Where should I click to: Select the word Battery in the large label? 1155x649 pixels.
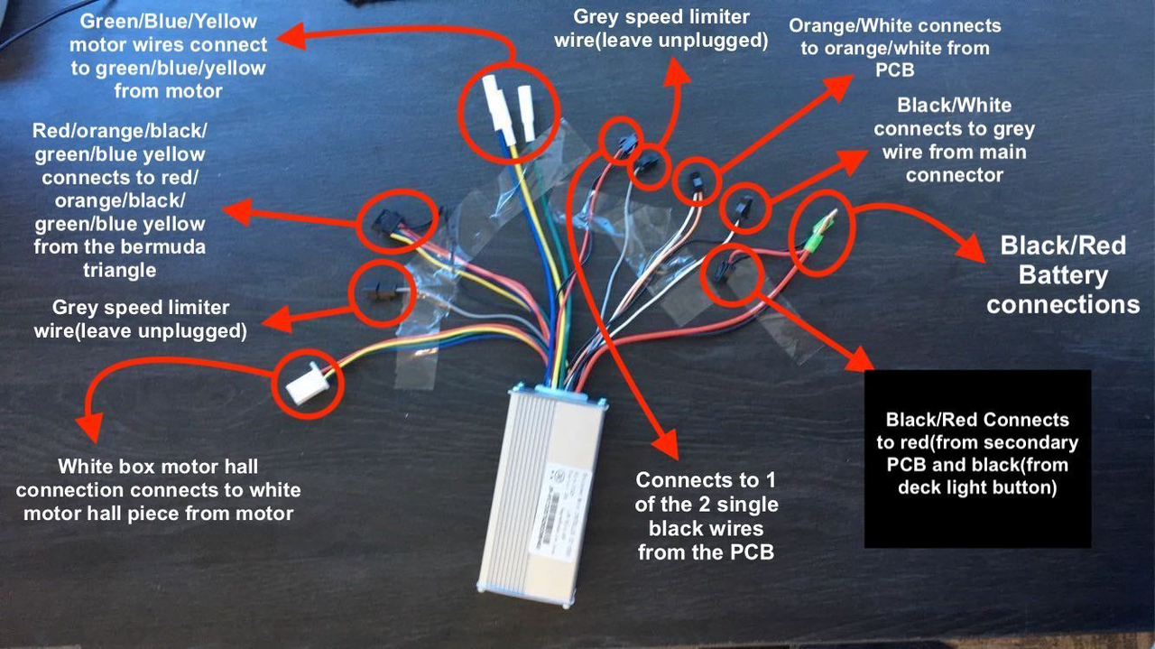click(x=1063, y=275)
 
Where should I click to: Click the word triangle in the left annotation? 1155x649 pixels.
click(x=120, y=270)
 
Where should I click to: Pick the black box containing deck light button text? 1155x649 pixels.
click(x=977, y=459)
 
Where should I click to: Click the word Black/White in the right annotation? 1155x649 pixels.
click(x=955, y=106)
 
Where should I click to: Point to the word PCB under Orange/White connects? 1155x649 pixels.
click(x=895, y=70)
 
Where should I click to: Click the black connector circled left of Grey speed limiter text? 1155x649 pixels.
click(x=381, y=292)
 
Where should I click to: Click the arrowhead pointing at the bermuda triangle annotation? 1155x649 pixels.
click(x=236, y=212)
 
